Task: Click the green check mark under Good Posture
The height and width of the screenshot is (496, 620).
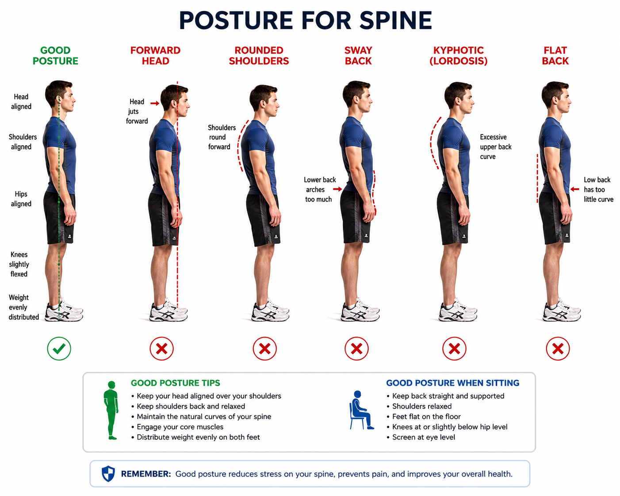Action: click(x=59, y=348)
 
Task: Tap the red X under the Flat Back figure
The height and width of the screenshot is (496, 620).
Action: click(x=558, y=348)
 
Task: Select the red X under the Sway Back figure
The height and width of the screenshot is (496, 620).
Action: click(x=356, y=348)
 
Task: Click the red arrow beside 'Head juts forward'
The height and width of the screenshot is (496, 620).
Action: click(x=155, y=103)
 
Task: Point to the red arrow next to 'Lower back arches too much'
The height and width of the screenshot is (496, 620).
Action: click(x=338, y=189)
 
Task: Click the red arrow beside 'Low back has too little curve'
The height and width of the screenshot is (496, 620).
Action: click(x=575, y=189)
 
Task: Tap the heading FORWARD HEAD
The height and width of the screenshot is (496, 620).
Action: click(x=155, y=56)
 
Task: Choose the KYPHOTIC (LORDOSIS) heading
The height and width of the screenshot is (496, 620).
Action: click(x=459, y=56)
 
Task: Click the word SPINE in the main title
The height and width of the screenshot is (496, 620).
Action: click(x=396, y=20)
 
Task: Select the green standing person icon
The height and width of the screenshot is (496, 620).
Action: click(x=111, y=410)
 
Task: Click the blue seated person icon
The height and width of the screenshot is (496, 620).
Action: click(x=361, y=410)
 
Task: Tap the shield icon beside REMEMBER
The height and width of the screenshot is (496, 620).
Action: click(x=108, y=474)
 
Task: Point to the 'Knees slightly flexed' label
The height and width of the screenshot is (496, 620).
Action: click(x=19, y=264)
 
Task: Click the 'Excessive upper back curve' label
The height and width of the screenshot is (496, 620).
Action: click(x=496, y=147)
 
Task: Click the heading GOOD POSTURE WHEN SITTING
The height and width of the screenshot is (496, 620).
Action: click(x=452, y=383)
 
